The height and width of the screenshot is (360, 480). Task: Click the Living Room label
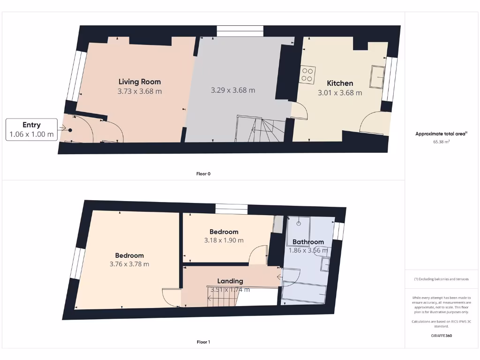point(139,82)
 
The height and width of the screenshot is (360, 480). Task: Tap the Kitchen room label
point(340,83)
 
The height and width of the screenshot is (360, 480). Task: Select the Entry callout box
point(31,130)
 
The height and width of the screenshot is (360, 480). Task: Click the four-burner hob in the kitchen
point(307,75)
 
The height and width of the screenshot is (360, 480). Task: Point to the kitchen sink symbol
point(377,77)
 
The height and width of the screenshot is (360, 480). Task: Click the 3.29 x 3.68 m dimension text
point(233,90)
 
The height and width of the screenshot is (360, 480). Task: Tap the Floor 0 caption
point(203,174)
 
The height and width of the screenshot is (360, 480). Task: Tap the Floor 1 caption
point(203,342)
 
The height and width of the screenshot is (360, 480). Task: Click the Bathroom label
point(308,242)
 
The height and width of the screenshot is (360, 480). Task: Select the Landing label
point(230,281)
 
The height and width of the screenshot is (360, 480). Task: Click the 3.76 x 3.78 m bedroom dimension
point(129,264)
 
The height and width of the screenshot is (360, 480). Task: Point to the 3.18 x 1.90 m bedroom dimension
point(224,240)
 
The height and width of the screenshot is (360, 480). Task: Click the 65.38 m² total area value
point(441,141)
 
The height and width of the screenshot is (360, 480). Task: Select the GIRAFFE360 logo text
point(441,336)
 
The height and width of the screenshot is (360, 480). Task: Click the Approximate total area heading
point(441,134)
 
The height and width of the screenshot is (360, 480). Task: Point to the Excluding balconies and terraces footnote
point(441,279)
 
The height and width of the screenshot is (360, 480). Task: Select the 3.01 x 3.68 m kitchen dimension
point(340,93)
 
